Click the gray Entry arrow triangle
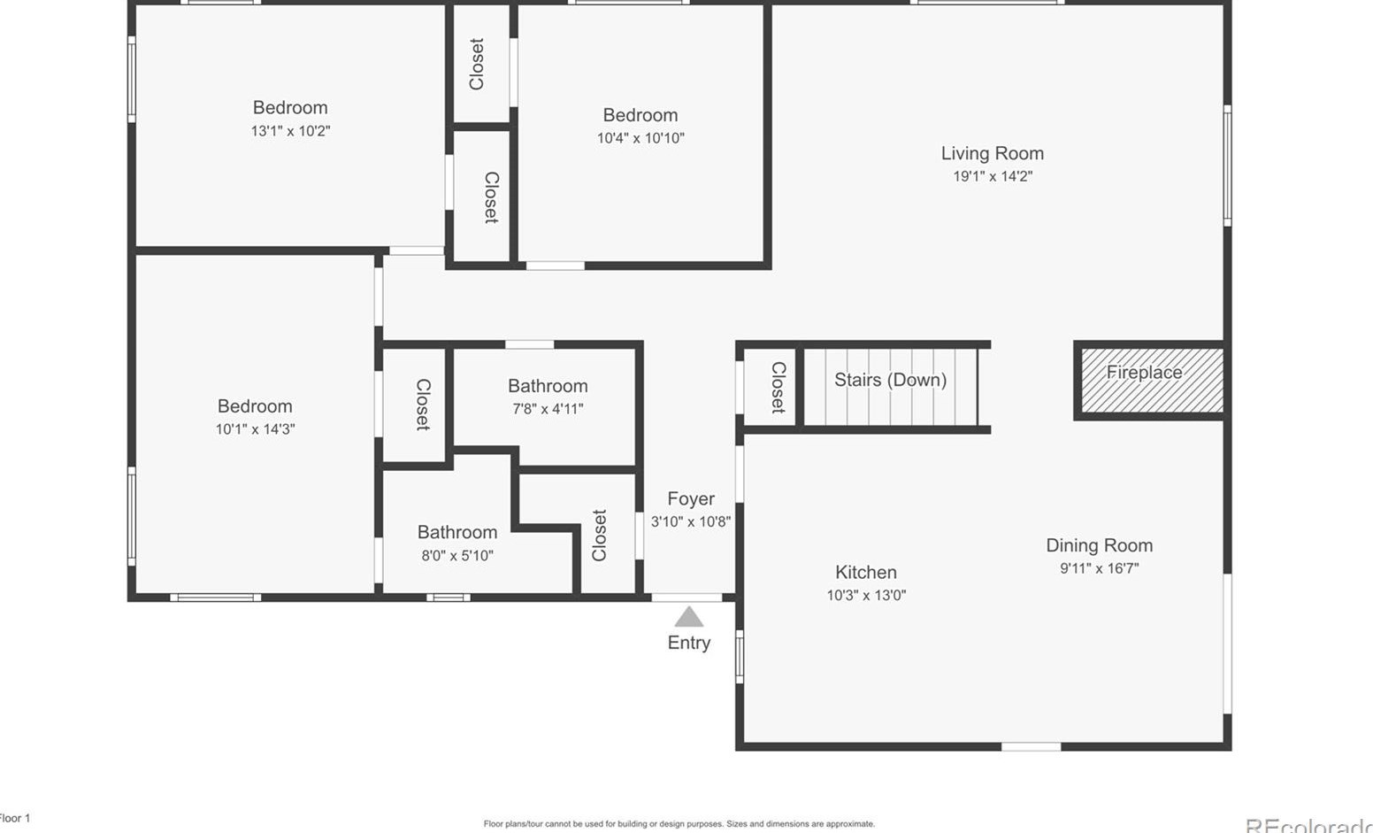point(688,616)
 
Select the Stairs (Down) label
point(890,380)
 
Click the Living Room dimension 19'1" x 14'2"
point(992,176)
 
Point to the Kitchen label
point(865,572)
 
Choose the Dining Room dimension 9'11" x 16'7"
point(1099,568)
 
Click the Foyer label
point(690,498)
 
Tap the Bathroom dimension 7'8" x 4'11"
point(548,409)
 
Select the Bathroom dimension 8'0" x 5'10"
point(456,556)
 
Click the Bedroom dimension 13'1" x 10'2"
point(290,131)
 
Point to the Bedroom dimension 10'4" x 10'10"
point(640,138)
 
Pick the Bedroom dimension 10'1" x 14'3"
point(255,429)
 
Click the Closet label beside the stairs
point(778,387)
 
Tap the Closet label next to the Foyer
point(599,535)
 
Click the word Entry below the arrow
point(688,643)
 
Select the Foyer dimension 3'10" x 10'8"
point(690,521)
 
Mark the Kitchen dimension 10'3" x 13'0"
point(865,595)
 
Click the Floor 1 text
point(14,818)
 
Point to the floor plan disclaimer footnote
point(679,824)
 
